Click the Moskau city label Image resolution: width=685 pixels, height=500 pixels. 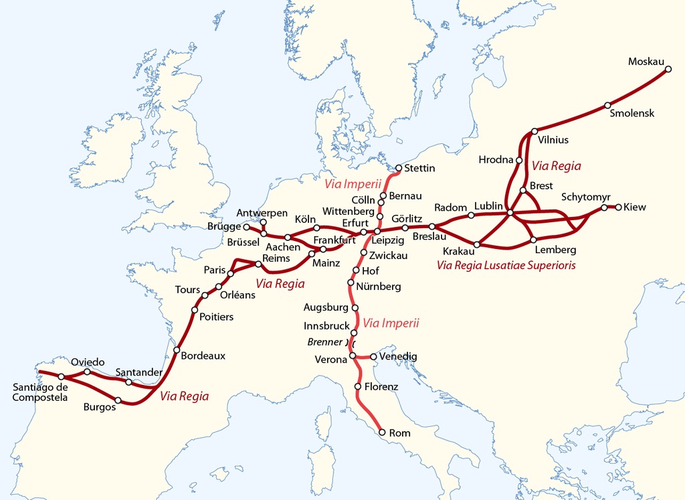tap(646, 62)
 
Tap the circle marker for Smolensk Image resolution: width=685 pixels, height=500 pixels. tap(607, 105)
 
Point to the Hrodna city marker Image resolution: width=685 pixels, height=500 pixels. tap(518, 160)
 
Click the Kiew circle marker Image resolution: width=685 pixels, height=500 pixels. tap(618, 207)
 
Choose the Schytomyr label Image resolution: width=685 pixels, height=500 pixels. tap(585, 197)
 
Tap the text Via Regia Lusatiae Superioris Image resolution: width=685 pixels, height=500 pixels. tap(506, 265)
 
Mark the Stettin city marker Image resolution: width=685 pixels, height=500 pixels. tap(399, 168)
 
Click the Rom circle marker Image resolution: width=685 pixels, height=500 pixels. tap(383, 432)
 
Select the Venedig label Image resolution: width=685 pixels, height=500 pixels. tap(397, 357)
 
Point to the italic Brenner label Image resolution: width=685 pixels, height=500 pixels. tap(324, 342)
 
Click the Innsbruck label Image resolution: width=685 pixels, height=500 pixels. tap(326, 326)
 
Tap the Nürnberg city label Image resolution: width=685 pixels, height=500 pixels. tap(379, 286)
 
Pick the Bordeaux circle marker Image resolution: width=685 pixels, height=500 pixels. tap(177, 349)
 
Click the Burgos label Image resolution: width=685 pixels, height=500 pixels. tap(98, 406)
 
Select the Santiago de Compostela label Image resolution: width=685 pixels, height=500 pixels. tap(40, 392)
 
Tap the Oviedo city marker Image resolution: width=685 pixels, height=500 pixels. tap(87, 371)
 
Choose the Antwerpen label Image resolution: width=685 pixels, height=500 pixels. tap(262, 213)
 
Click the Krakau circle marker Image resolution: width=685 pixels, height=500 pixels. tap(477, 244)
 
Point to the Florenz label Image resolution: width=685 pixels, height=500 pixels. tap(381, 387)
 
